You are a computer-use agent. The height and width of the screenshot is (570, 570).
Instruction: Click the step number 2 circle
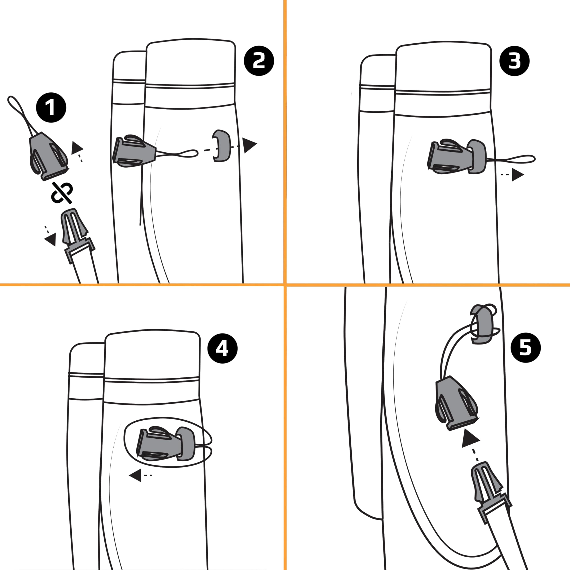[x=259, y=61]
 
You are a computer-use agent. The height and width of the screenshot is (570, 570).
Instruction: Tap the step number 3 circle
[x=514, y=61]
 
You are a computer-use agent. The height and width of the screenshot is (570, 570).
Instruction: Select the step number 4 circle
[x=222, y=348]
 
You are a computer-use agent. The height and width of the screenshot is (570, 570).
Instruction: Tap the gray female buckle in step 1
[x=49, y=155]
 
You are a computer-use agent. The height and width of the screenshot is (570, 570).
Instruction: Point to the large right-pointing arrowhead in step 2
[x=250, y=145]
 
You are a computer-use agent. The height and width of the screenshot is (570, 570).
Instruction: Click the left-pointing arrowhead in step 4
[x=135, y=475]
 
